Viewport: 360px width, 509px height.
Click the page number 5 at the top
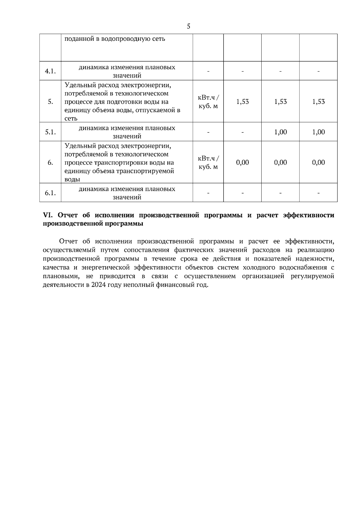pyautogui.click(x=188, y=26)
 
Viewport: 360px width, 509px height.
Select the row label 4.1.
pyautogui.click(x=50, y=71)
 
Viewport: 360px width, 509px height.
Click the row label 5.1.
pyautogui.click(x=50, y=132)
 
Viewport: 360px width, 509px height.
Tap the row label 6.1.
pyautogui.click(x=50, y=193)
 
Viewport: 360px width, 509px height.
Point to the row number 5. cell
pyautogui.click(x=50, y=102)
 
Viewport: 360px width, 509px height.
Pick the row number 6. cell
pyautogui.click(x=50, y=162)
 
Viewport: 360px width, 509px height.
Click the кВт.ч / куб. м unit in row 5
pyautogui.click(x=208, y=102)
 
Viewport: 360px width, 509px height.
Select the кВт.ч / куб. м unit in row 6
pyautogui.click(x=208, y=162)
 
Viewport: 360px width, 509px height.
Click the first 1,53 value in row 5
pyautogui.click(x=242, y=102)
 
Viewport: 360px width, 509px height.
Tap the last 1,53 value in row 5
pyautogui.click(x=318, y=102)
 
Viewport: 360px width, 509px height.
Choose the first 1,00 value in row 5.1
pyautogui.click(x=280, y=132)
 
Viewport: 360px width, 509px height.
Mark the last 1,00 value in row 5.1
pyautogui.click(x=318, y=132)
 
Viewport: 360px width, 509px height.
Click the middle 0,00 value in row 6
pyautogui.click(x=280, y=162)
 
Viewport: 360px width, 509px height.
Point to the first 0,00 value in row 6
pyautogui.click(x=242, y=162)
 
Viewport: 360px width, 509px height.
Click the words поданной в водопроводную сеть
pyautogui.click(x=115, y=39)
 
